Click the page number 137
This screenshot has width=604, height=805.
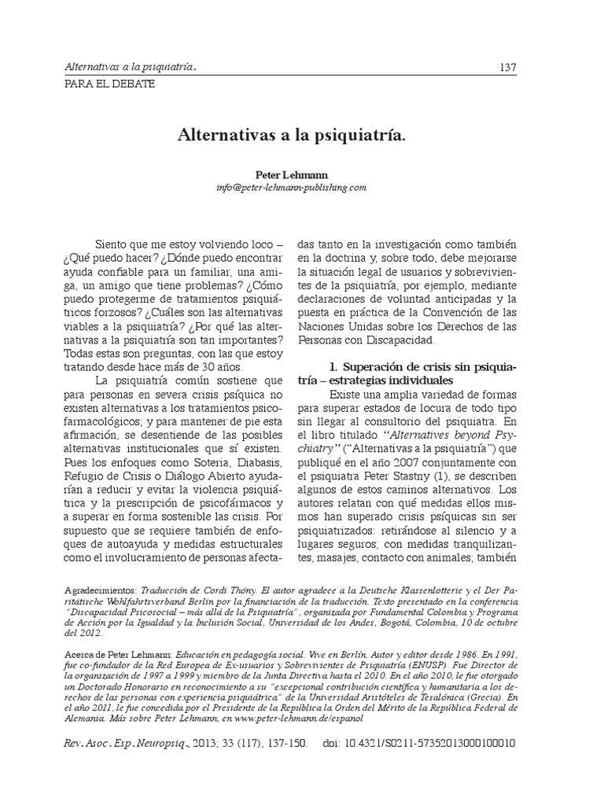[507, 67]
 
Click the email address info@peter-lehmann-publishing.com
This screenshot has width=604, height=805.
[290, 189]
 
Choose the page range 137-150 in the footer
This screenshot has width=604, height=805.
[284, 742]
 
